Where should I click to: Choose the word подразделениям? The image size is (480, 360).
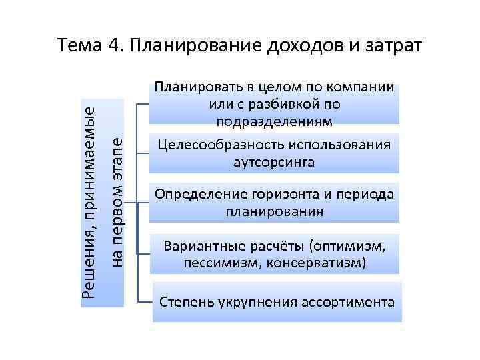click(274, 120)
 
